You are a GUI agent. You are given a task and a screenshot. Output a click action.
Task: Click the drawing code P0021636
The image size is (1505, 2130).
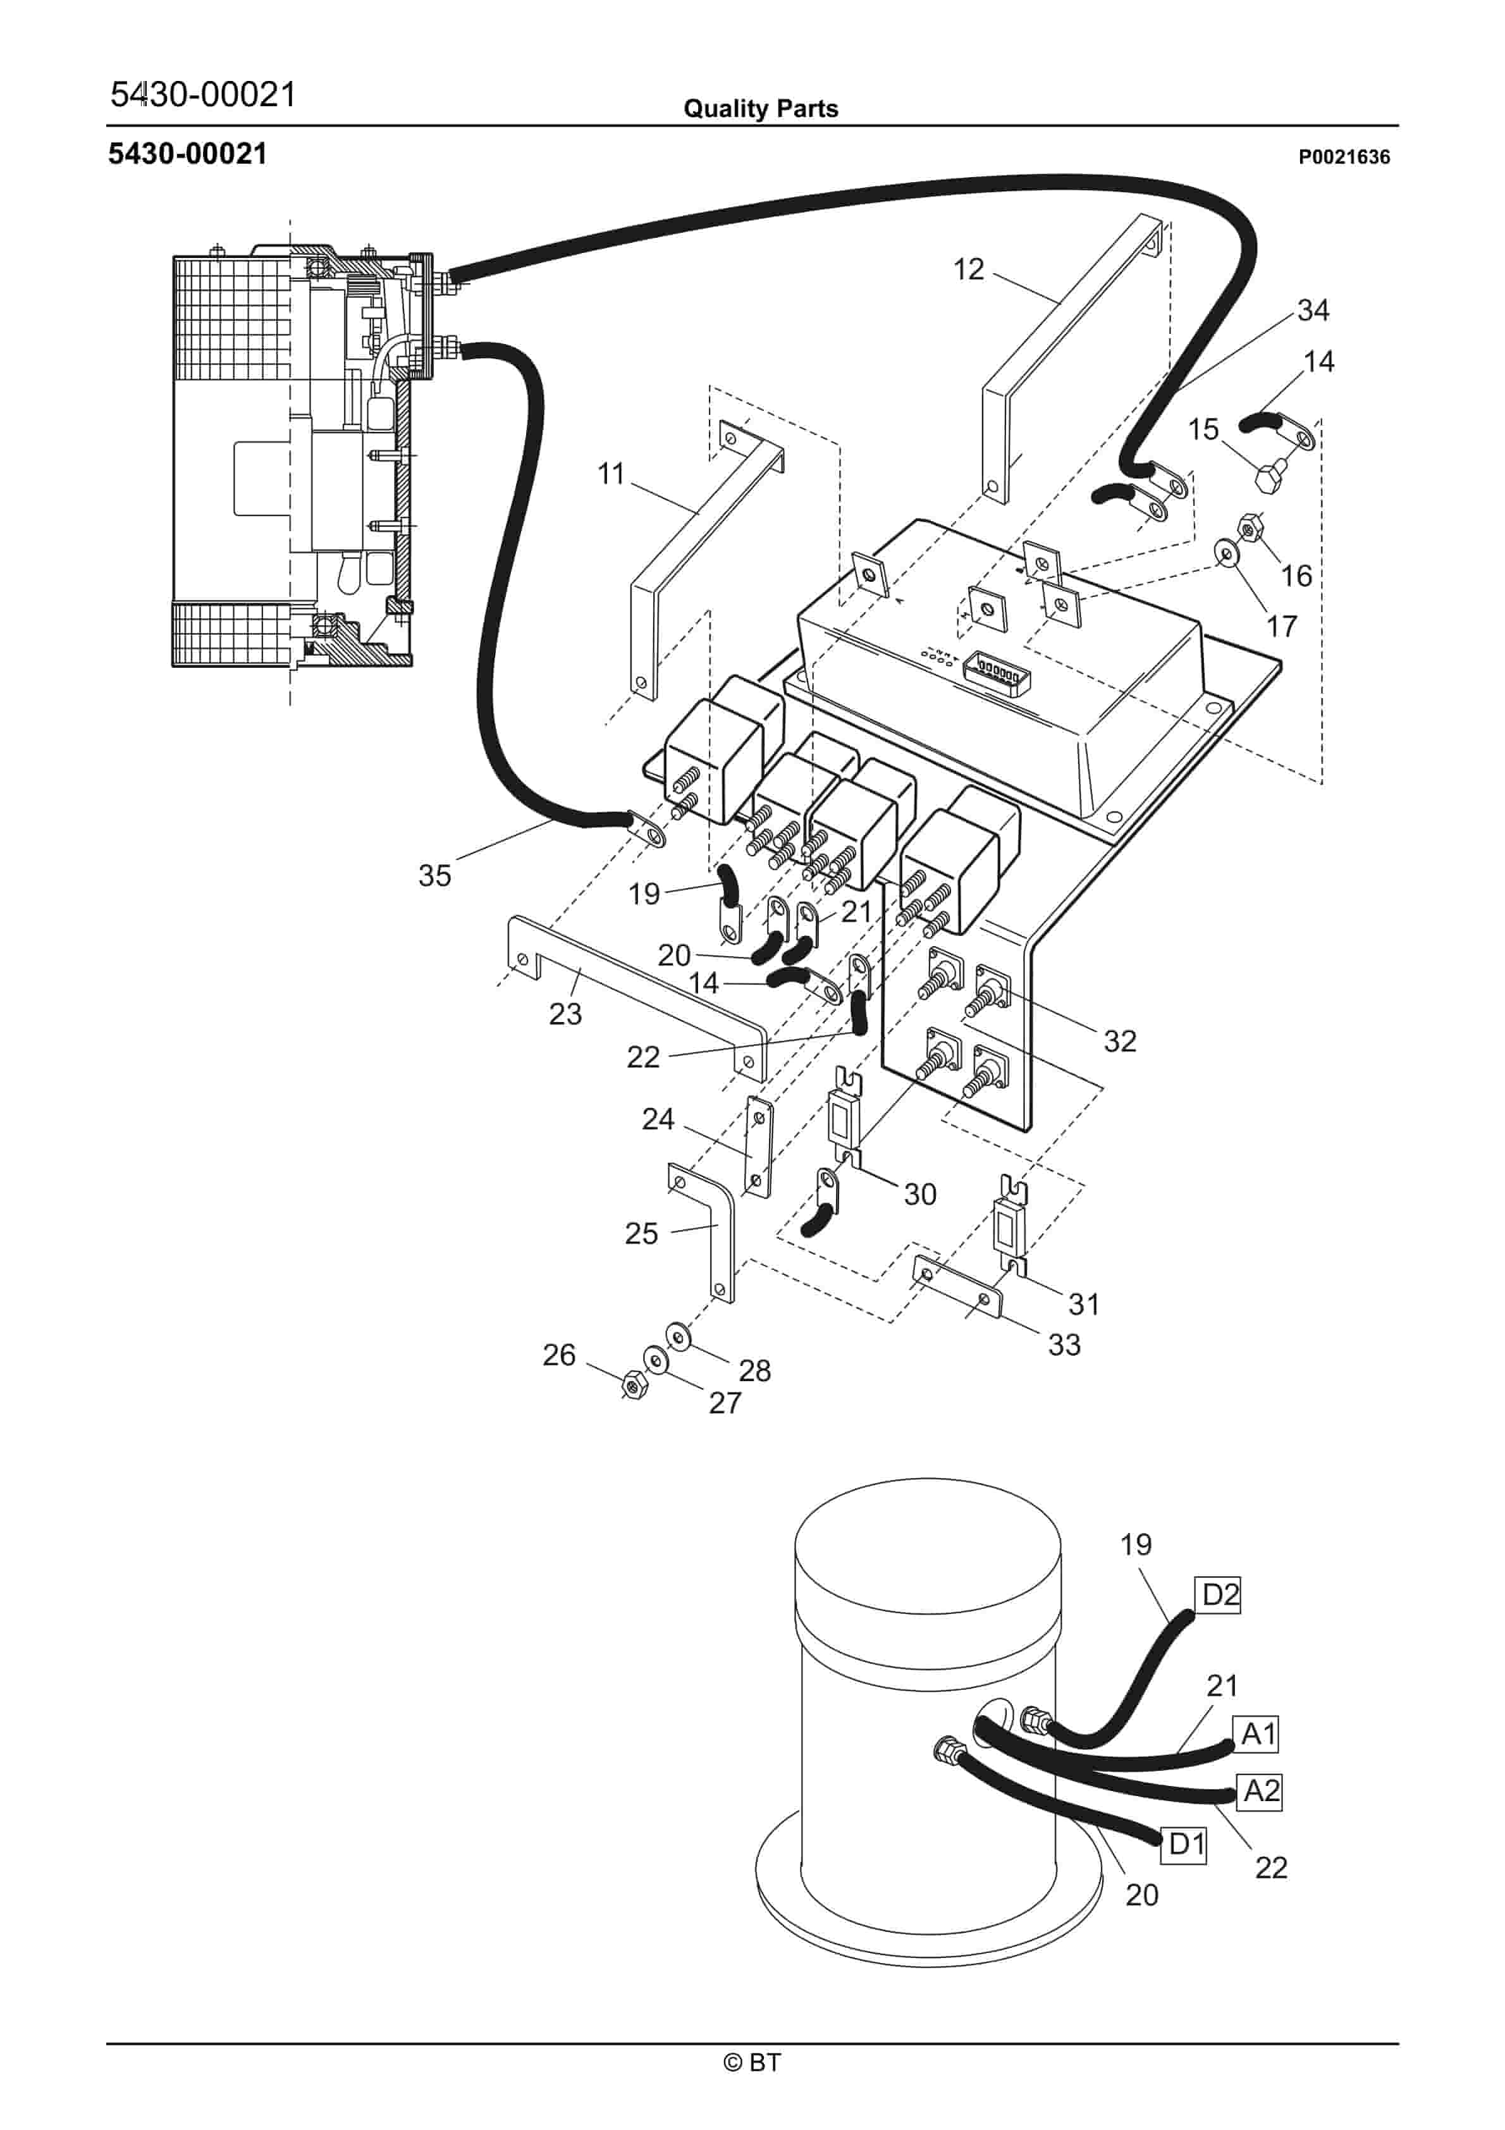pyautogui.click(x=1344, y=157)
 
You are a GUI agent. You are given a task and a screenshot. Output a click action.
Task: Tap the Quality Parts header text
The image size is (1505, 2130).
pyautogui.click(x=760, y=109)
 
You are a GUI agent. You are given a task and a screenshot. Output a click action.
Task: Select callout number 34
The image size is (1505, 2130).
pyautogui.click(x=1313, y=310)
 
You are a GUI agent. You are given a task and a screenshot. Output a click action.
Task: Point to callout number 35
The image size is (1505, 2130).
pyautogui.click(x=434, y=875)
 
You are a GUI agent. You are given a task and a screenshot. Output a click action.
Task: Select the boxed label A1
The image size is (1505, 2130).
pyautogui.click(x=1258, y=1732)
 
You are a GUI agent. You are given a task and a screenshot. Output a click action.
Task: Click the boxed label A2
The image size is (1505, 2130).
pyautogui.click(x=1260, y=1790)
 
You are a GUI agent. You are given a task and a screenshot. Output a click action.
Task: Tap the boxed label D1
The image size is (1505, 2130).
pyautogui.click(x=1186, y=1844)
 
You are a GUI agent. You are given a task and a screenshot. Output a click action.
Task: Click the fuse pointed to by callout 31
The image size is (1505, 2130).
pyautogui.click(x=1009, y=1228)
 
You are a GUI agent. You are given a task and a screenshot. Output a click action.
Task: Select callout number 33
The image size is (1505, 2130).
pyautogui.click(x=1064, y=1345)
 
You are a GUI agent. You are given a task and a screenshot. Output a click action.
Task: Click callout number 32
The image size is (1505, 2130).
pyautogui.click(x=1119, y=1041)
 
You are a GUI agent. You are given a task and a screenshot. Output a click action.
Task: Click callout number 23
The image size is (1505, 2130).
pyautogui.click(x=565, y=1014)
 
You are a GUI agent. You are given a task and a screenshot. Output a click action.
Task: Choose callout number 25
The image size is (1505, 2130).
pyautogui.click(x=641, y=1233)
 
